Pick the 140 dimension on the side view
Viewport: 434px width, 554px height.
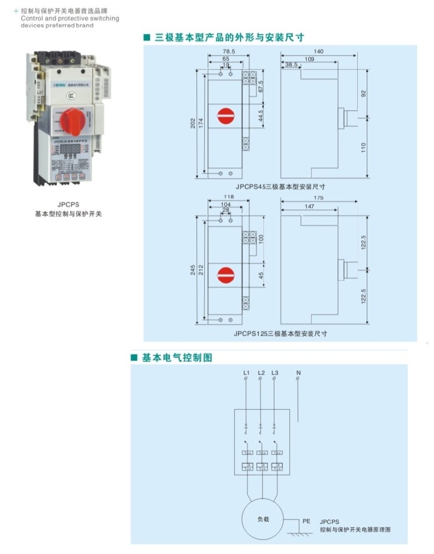tap(318, 51)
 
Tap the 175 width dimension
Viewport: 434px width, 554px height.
tap(318, 198)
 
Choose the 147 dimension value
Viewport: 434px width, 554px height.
tap(309, 206)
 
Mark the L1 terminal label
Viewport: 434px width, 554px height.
tap(246, 372)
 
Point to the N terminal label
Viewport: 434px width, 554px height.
tap(298, 372)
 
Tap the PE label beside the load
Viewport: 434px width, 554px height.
tap(306, 522)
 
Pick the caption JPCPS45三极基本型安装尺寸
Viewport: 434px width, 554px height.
tap(280, 187)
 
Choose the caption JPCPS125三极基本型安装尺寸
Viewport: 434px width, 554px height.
tap(280, 334)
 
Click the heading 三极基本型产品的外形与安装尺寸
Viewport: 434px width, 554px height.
tap(229, 37)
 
